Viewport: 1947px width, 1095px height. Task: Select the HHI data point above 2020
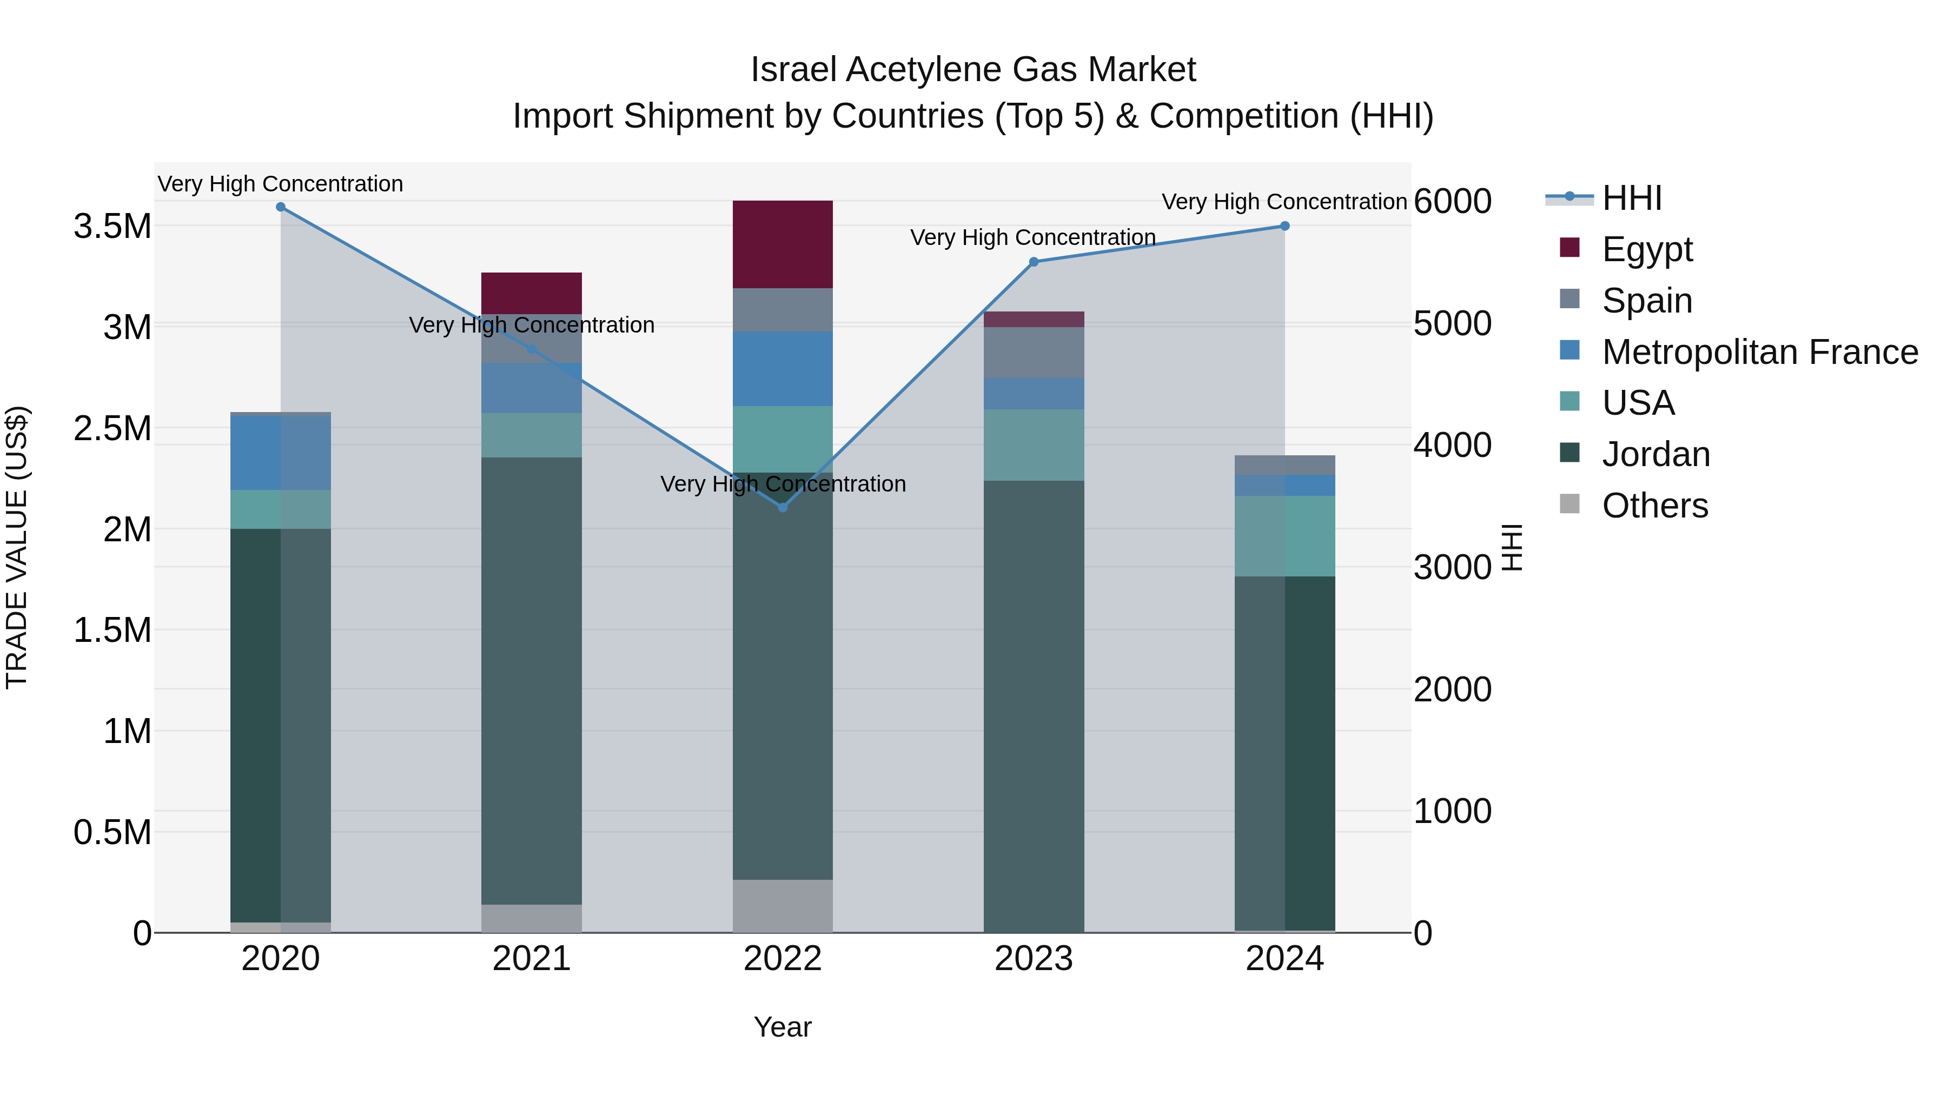(280, 207)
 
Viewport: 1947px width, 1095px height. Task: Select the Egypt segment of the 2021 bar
(531, 293)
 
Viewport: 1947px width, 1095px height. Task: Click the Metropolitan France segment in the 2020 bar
(280, 453)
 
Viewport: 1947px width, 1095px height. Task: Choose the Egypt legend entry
(1646, 249)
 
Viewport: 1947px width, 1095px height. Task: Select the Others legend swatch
(1570, 504)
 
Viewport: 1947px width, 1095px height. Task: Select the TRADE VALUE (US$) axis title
(17, 547)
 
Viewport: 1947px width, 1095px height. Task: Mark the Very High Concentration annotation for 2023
(1032, 237)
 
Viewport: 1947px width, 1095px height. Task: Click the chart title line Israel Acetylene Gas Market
(973, 70)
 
